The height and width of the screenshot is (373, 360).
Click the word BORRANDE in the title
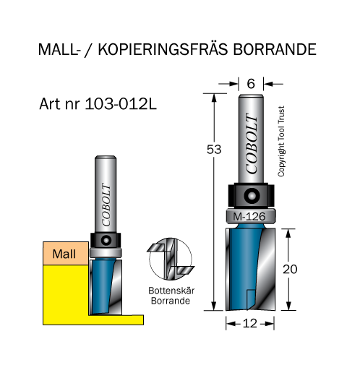[275, 49]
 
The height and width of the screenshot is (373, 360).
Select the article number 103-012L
[121, 104]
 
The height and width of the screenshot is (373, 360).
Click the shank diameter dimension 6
[251, 84]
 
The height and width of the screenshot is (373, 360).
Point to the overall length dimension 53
[214, 150]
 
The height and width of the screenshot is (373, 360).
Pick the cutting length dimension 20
[290, 269]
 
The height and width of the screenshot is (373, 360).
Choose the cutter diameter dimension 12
[250, 323]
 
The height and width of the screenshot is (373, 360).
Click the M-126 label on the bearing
[249, 217]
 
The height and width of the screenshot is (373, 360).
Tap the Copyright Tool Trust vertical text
[281, 141]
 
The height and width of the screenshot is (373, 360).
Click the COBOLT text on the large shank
[252, 143]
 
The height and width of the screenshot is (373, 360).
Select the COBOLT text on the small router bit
[106, 205]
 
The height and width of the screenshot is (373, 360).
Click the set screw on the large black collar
[252, 195]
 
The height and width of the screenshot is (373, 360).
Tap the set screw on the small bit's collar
[106, 240]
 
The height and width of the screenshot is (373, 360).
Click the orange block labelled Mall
[66, 253]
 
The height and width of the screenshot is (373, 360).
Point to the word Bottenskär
[171, 291]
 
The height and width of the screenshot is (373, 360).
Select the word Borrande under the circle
[171, 301]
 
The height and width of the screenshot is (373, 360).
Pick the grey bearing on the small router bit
[106, 252]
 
